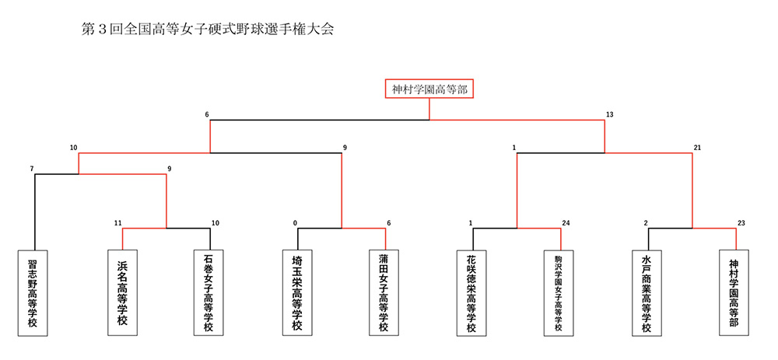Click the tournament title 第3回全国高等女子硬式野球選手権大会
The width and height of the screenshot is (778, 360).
[207, 30]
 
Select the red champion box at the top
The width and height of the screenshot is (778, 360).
[429, 89]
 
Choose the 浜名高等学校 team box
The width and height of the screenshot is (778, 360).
[123, 292]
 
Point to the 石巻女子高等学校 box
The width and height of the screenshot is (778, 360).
[210, 292]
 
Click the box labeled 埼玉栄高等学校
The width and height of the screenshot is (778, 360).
[298, 292]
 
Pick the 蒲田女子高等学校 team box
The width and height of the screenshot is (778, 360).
[385, 292]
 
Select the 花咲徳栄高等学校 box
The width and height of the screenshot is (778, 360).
[473, 292]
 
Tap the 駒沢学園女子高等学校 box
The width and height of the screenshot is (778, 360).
[560, 292]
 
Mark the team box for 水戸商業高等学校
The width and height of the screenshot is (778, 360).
[648, 292]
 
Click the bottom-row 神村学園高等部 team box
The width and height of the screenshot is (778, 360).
[735, 292]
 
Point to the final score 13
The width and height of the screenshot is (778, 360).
[609, 114]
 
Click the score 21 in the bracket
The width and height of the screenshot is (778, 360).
[697, 147]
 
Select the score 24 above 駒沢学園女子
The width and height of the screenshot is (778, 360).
[566, 222]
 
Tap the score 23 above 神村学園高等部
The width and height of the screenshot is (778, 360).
[741, 222]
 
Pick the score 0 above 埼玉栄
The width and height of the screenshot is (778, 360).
[295, 222]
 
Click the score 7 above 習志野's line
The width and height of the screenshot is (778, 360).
[32, 169]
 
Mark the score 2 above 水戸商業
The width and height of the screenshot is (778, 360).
[646, 222]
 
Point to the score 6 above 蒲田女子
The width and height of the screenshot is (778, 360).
[388, 222]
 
